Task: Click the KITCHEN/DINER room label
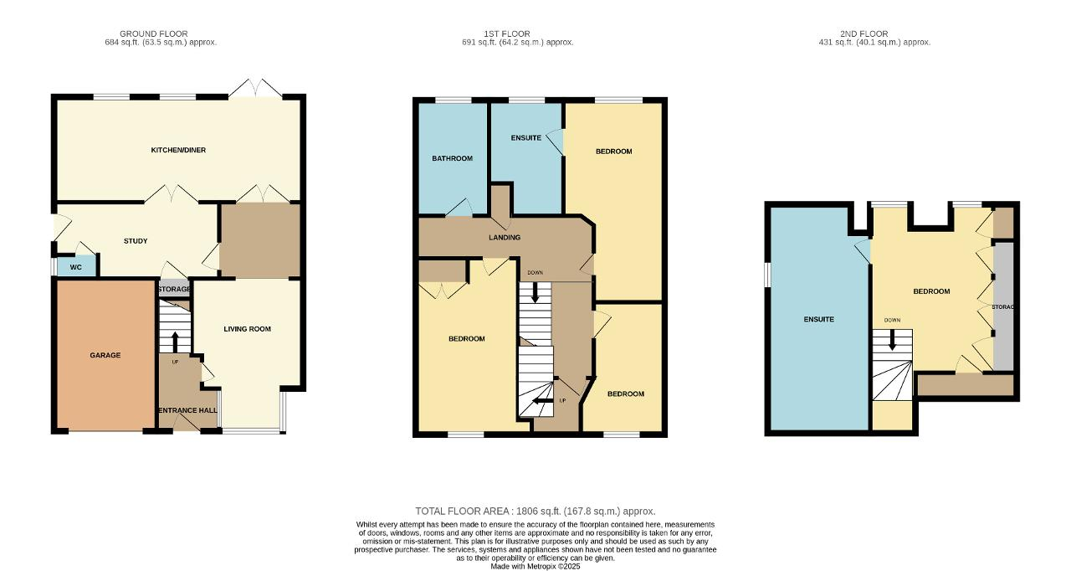pos(178,150)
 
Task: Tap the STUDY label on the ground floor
pos(136,241)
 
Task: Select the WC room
pos(76,267)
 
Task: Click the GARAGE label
pos(105,355)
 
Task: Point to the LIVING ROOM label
pos(247,329)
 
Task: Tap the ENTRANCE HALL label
pos(188,410)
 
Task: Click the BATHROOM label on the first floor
pos(453,158)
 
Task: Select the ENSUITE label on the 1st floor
pos(526,138)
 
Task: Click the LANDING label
pos(505,237)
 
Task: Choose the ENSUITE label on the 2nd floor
pos(819,320)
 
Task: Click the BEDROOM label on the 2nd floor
pos(931,291)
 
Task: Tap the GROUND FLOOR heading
pos(153,34)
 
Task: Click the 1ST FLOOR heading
pos(507,34)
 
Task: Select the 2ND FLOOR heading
pos(864,34)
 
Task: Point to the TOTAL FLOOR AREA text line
pos(535,512)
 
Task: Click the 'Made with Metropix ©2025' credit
pos(535,566)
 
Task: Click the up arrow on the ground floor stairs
pos(175,342)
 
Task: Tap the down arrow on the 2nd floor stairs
pos(892,340)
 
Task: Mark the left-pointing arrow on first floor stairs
pos(542,401)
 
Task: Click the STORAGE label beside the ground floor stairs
pos(174,290)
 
